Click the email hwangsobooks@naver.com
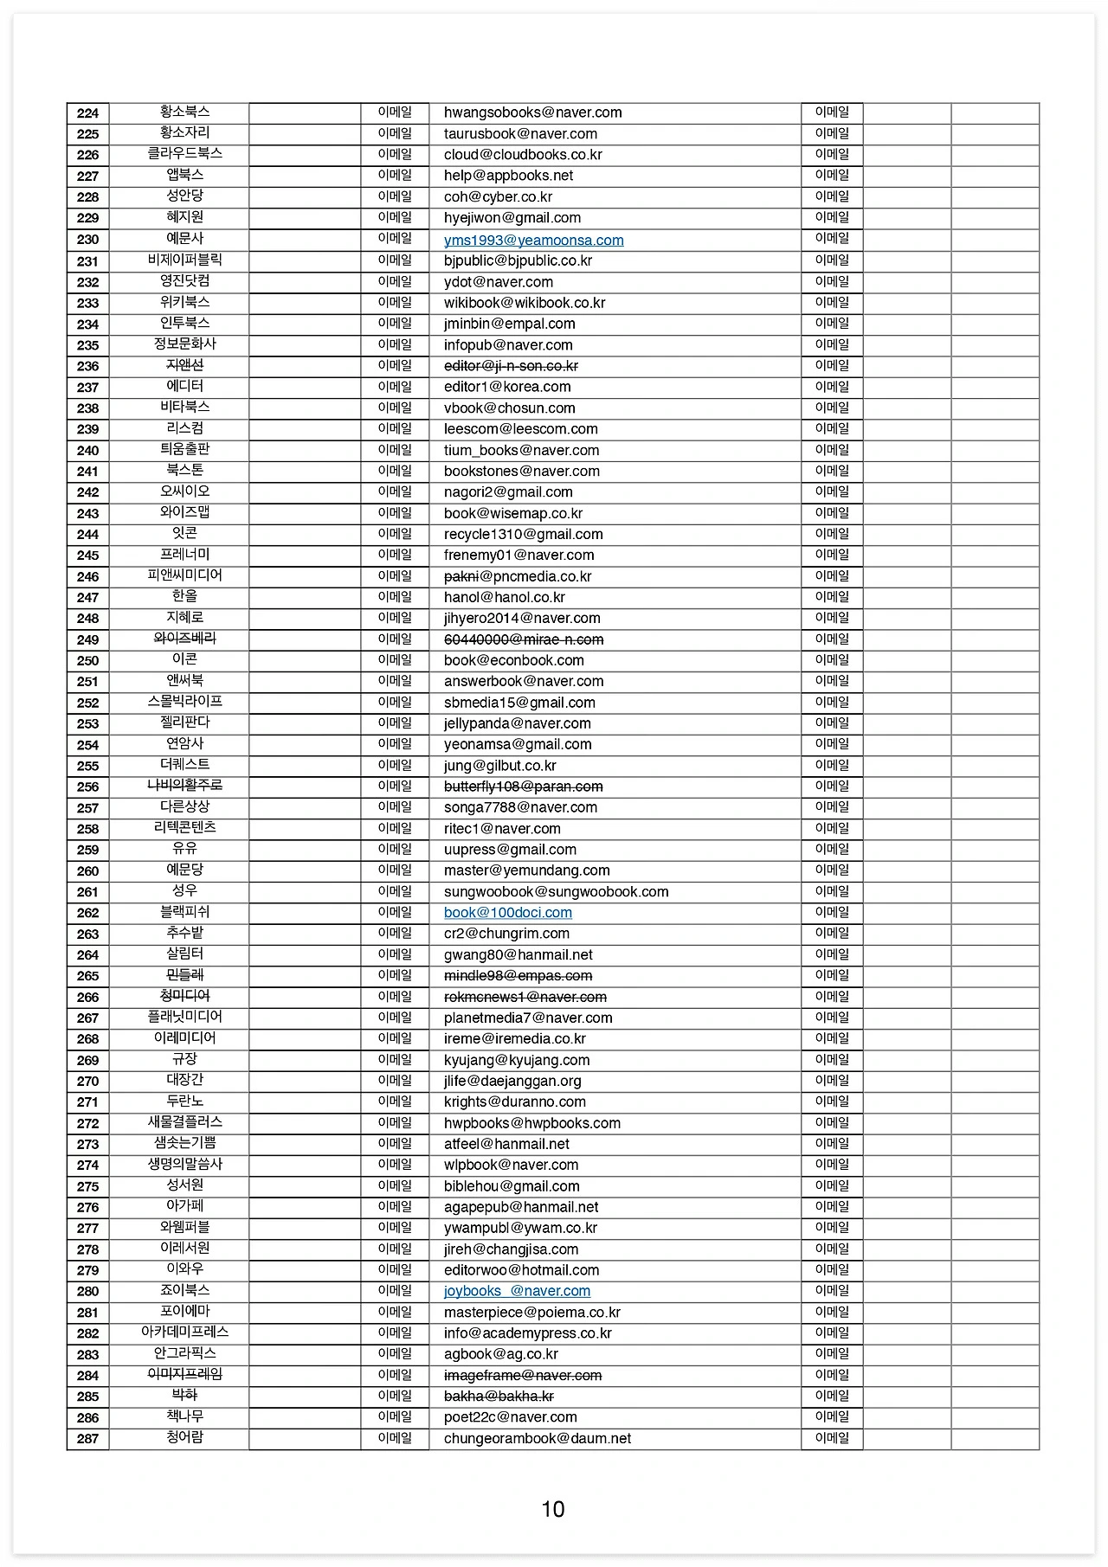click(x=532, y=112)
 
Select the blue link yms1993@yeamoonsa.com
click(x=533, y=241)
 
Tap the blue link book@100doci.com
click(x=507, y=913)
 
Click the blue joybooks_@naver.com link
click(x=517, y=1291)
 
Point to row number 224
click(x=87, y=113)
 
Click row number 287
click(x=87, y=1439)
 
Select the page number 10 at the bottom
click(x=553, y=1509)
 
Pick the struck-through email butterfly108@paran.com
click(x=523, y=787)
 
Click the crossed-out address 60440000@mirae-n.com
click(x=524, y=639)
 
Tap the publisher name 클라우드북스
click(x=184, y=154)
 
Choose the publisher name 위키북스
click(x=184, y=302)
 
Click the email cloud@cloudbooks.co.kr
click(x=523, y=155)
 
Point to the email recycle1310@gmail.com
click(x=523, y=535)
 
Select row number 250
click(x=87, y=661)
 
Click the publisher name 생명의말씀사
click(x=184, y=1165)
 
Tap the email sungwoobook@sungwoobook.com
click(x=556, y=892)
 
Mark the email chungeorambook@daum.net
click(x=537, y=1439)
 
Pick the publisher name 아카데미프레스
click(x=184, y=1333)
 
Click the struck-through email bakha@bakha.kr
click(x=499, y=1397)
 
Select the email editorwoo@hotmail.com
click(x=521, y=1270)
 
